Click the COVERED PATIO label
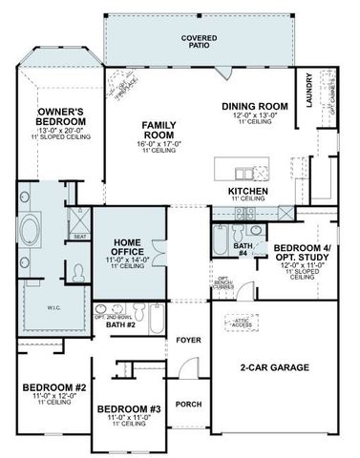point(200,41)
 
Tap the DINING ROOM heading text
point(254,106)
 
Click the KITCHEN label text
point(246,191)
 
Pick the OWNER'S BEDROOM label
point(59,117)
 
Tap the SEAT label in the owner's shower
point(80,237)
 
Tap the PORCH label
point(189,405)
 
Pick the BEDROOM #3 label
point(128,408)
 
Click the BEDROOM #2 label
point(54,387)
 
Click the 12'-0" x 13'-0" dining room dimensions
point(254,115)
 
